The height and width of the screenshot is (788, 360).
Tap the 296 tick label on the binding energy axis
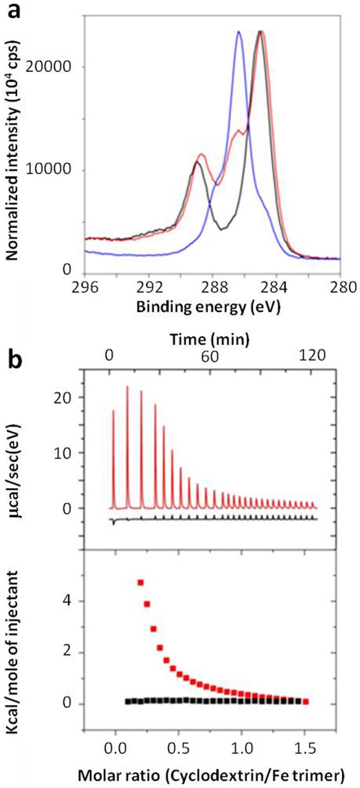[x=85, y=287]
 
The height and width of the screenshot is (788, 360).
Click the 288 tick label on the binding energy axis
[x=212, y=287]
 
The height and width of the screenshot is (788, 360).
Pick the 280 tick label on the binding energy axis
[x=339, y=287]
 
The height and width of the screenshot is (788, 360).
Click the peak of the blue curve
[x=239, y=32]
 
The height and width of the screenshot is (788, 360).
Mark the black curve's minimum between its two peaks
[x=223, y=229]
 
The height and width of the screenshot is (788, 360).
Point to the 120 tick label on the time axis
[x=312, y=356]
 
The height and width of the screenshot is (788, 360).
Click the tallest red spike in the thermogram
[x=127, y=387]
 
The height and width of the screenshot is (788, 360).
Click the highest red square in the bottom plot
[x=140, y=582]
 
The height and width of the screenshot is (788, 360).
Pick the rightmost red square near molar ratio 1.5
[x=306, y=701]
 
